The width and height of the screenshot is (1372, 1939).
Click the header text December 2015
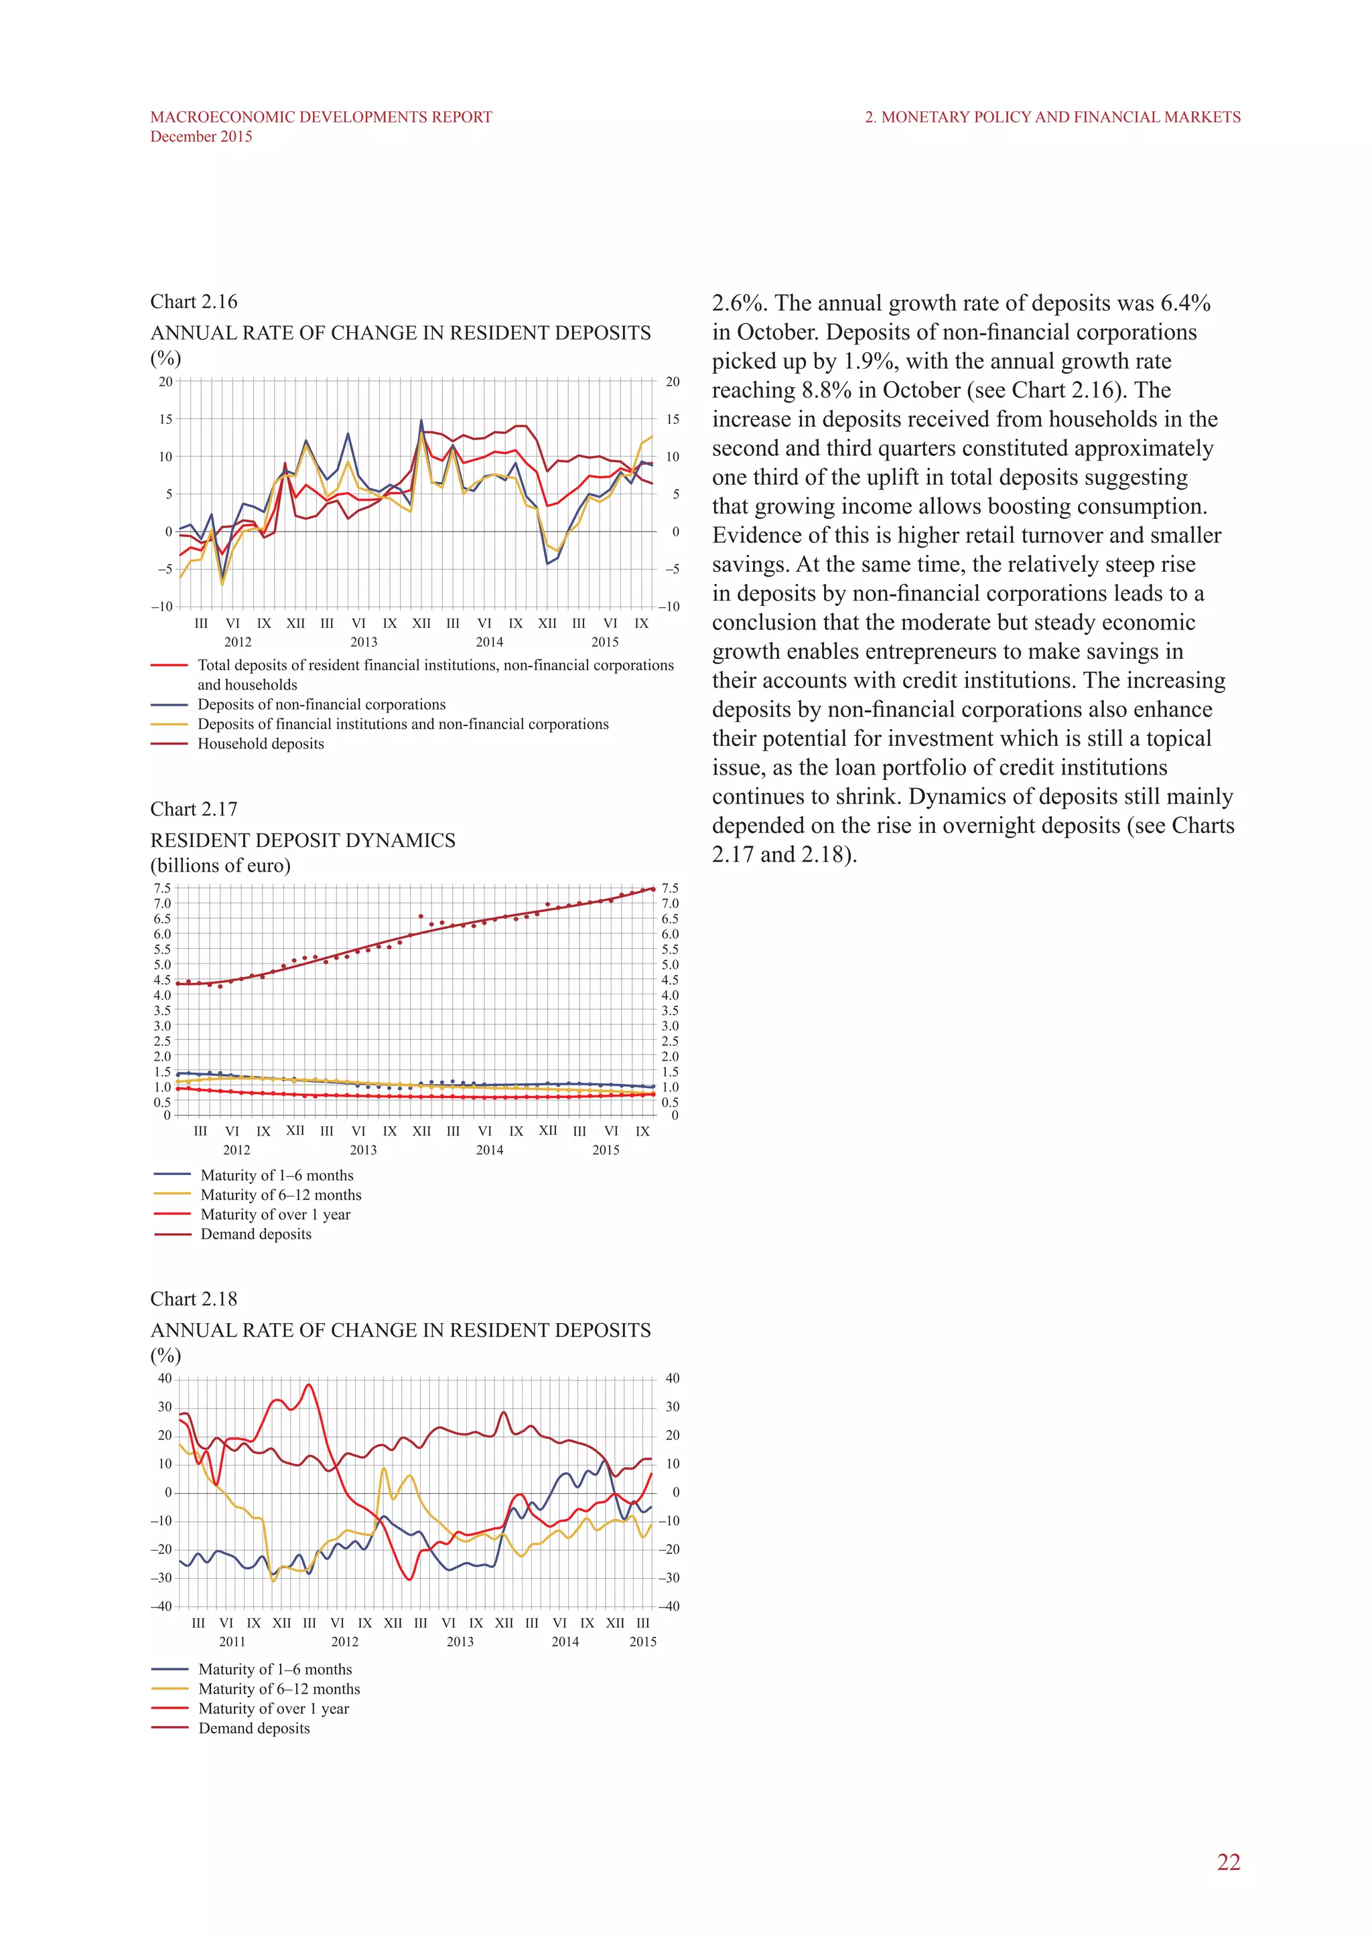pyautogui.click(x=201, y=137)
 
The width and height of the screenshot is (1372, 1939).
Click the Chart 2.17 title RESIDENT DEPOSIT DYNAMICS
pyautogui.click(x=302, y=840)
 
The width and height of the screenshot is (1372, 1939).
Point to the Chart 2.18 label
pyautogui.click(x=194, y=1299)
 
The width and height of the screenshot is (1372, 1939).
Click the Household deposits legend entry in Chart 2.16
pyautogui.click(x=260, y=744)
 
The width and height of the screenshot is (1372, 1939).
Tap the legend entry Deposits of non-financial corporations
pyautogui.click(x=321, y=704)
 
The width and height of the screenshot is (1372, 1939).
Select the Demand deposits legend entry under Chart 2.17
pyautogui.click(x=255, y=1234)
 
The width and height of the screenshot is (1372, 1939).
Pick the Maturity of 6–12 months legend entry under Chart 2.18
pyautogui.click(x=279, y=1689)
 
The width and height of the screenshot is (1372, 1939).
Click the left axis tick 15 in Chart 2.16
pyautogui.click(x=165, y=419)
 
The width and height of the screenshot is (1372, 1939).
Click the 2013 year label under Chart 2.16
pyautogui.click(x=363, y=642)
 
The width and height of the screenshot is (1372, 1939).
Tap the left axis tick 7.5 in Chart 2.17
pyautogui.click(x=162, y=888)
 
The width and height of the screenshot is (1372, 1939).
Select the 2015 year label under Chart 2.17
pyautogui.click(x=605, y=1150)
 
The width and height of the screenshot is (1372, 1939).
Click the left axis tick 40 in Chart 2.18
pyautogui.click(x=164, y=1378)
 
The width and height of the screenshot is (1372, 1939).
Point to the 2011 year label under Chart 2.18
pyautogui.click(x=232, y=1642)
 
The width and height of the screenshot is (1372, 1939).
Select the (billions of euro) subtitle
pyautogui.click(x=220, y=866)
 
